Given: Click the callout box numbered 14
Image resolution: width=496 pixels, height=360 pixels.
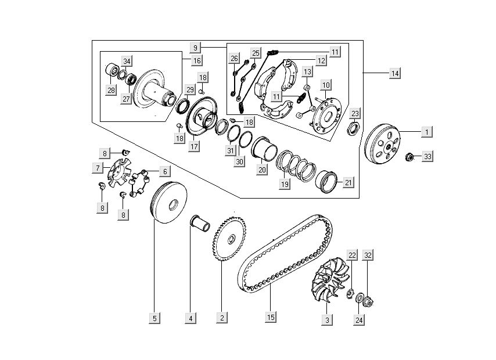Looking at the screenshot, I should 395,74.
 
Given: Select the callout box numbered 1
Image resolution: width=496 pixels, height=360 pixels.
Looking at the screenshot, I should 426,132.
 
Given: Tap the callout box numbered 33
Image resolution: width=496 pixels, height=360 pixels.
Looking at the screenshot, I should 427,157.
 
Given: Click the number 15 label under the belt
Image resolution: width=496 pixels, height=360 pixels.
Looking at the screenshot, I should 271,317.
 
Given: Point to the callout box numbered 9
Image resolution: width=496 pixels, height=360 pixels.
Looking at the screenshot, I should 196,46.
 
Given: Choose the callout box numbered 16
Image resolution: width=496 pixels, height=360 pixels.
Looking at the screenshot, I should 197,60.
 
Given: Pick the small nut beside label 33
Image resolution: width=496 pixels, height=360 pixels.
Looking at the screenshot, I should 408,157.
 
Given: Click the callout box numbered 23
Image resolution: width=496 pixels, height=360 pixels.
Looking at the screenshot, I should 355,113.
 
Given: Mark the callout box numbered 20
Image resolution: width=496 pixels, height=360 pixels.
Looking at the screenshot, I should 262,170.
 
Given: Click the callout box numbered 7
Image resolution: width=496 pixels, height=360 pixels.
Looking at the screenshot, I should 98,168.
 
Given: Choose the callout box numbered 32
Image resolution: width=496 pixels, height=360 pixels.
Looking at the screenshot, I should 368,255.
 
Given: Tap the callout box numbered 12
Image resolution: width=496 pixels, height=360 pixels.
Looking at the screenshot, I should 321,60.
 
